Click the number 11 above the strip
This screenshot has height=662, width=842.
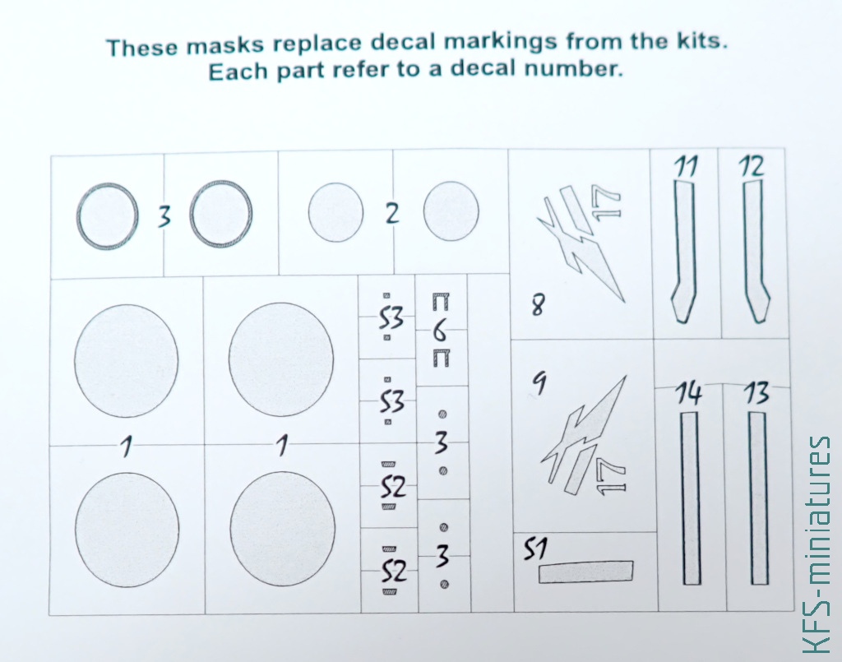tap(686, 168)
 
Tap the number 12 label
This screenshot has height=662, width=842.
tap(752, 166)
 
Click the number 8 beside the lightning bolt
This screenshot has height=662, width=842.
tap(537, 306)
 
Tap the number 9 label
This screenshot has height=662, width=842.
tap(539, 385)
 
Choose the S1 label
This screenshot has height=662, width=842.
tap(534, 549)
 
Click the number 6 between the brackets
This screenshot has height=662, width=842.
tap(439, 333)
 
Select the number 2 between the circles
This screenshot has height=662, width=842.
tap(392, 214)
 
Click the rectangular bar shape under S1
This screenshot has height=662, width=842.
tap(585, 572)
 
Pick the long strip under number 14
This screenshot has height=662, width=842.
tap(690, 498)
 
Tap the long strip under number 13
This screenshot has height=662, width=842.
tap(758, 498)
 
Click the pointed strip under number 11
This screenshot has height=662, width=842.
tap(683, 252)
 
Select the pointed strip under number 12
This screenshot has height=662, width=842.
tap(755, 252)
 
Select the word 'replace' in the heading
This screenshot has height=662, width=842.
tap(317, 45)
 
